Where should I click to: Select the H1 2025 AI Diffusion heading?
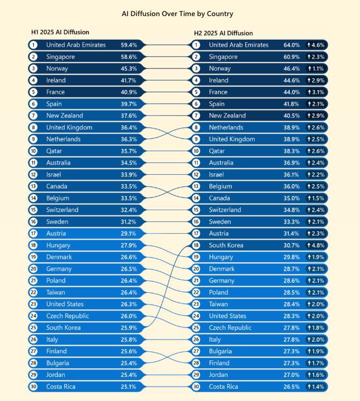60,33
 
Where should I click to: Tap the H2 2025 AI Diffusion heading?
223,33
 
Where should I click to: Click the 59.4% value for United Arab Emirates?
129,45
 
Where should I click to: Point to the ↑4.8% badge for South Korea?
316,246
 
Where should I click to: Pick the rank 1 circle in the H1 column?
34,45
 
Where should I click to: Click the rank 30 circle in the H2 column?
196,387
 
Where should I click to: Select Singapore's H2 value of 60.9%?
291,57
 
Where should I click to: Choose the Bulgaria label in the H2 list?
220,352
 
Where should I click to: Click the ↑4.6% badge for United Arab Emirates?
316,45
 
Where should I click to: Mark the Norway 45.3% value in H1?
129,69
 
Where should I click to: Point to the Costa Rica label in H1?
61,387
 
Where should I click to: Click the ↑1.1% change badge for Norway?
316,69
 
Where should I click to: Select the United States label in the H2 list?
228,316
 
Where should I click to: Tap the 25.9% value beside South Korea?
129,328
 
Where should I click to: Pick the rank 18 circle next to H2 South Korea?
196,246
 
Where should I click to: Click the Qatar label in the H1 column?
55,151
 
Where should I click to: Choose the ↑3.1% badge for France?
316,92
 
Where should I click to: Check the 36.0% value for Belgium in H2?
291,187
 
